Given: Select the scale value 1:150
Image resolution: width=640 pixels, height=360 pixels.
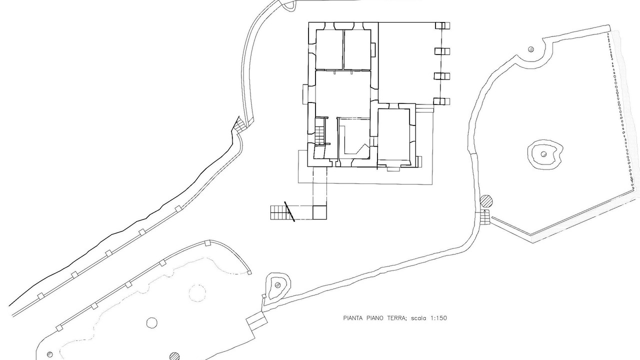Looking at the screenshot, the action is point(438,318).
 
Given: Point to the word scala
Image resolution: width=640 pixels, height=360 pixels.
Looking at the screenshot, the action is point(419,318).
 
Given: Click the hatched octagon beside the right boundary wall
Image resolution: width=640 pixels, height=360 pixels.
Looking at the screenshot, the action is point(486,201).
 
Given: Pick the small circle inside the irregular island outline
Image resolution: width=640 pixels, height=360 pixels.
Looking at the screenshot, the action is point(543,154).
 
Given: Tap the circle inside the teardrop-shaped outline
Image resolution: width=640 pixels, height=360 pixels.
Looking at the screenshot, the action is point(277,285).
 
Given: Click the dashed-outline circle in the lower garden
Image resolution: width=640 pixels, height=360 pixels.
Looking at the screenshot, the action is point(197,292).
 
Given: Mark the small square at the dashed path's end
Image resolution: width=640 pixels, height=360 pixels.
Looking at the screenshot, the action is point(319,212).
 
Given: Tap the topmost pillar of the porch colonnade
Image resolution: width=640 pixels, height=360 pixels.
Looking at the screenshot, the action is point(442,25).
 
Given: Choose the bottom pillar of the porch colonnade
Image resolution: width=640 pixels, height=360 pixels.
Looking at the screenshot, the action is point(441,101).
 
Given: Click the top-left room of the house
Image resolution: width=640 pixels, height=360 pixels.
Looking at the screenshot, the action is point(329,49).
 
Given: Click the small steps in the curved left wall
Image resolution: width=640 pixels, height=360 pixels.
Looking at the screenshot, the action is point(239,125).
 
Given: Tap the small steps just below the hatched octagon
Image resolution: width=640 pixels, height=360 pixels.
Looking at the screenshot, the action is point(484,217).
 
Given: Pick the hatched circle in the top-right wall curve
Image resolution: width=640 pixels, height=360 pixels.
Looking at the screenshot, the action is point(531,49).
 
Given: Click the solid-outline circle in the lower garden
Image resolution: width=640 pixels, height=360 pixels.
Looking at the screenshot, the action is point(151,323).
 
